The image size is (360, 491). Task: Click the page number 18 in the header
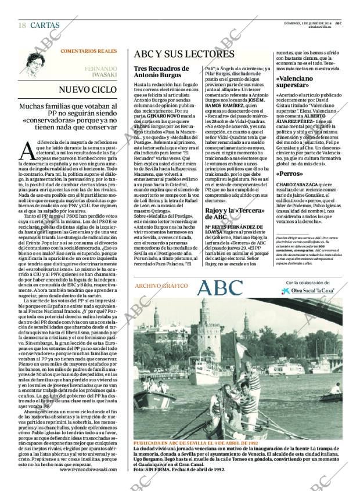coord(22,25)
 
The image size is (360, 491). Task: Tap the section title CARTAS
coord(44,25)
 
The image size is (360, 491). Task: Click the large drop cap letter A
coord(27,150)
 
